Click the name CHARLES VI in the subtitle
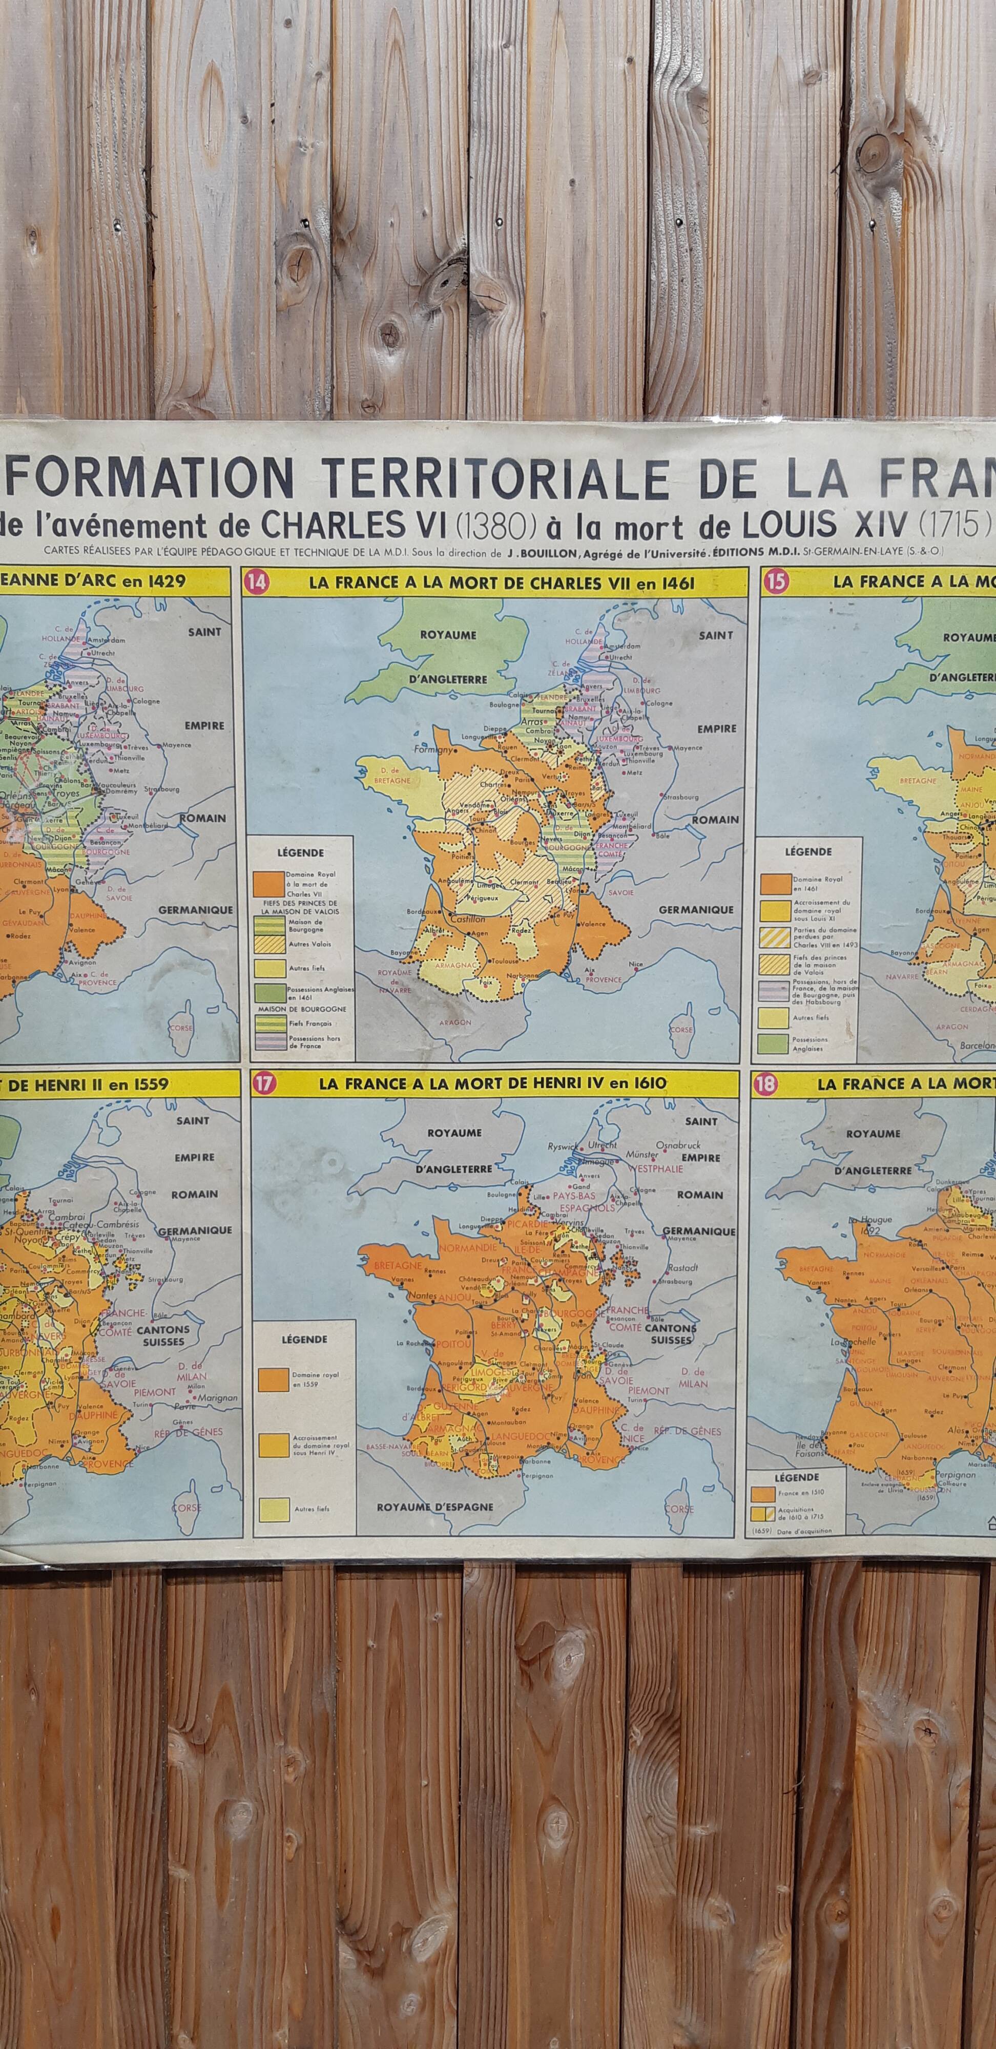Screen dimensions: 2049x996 356,525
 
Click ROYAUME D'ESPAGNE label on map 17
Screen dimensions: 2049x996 434,1507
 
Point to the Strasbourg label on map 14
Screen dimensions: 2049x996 680,796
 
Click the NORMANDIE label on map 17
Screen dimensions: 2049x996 467,1247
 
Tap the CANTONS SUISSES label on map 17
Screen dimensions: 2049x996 671,1334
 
